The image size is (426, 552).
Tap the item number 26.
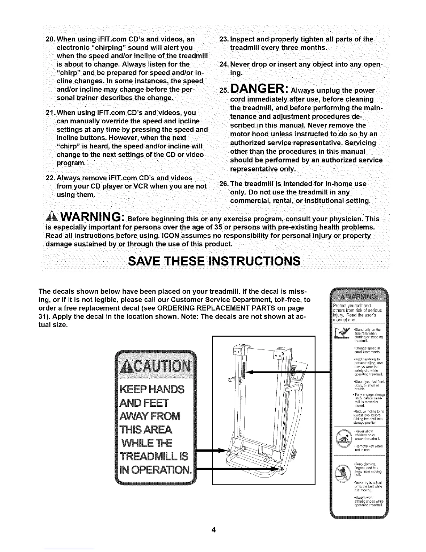(223, 184)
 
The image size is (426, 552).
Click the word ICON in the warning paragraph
(200, 236)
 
